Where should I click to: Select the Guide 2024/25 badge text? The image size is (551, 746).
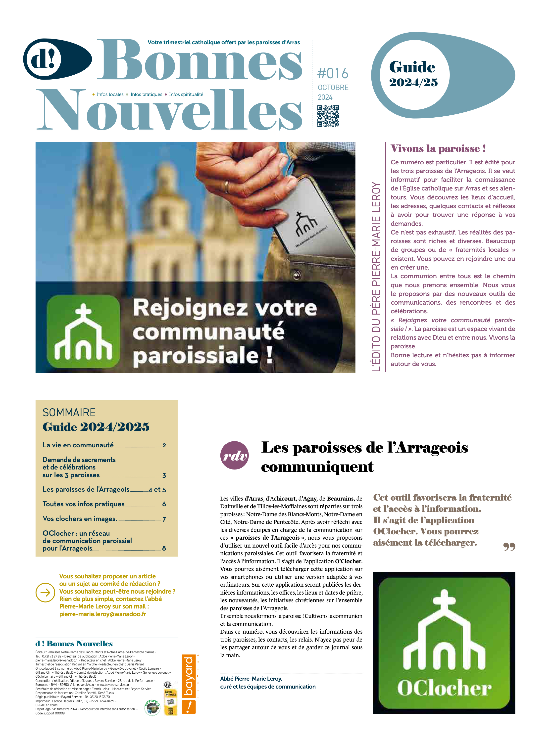(413, 74)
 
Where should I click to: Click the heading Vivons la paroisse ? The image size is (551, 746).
(438, 148)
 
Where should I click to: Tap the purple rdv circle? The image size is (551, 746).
(235, 455)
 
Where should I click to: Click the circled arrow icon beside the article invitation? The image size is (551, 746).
(45, 592)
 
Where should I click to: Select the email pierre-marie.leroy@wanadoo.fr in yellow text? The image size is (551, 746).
(103, 614)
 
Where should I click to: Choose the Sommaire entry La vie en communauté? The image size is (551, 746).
(78, 445)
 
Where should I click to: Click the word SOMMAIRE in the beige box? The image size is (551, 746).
(69, 412)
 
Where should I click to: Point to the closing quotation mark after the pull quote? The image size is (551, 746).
(509, 547)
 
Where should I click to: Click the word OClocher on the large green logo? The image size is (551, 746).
(444, 688)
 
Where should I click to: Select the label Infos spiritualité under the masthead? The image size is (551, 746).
(186, 94)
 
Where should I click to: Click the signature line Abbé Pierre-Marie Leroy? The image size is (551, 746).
(251, 678)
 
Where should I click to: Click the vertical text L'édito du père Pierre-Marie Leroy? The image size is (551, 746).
(376, 277)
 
